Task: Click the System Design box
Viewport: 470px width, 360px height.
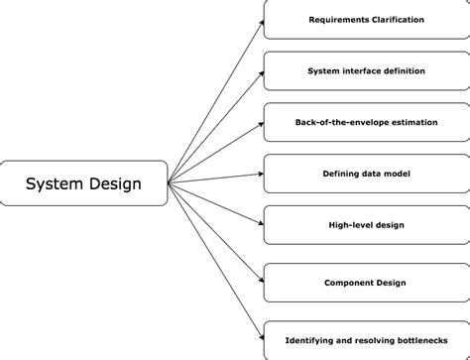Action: pos(83,183)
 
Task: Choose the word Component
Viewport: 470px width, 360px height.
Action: pos(346,282)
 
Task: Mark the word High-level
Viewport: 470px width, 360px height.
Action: pos(347,225)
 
